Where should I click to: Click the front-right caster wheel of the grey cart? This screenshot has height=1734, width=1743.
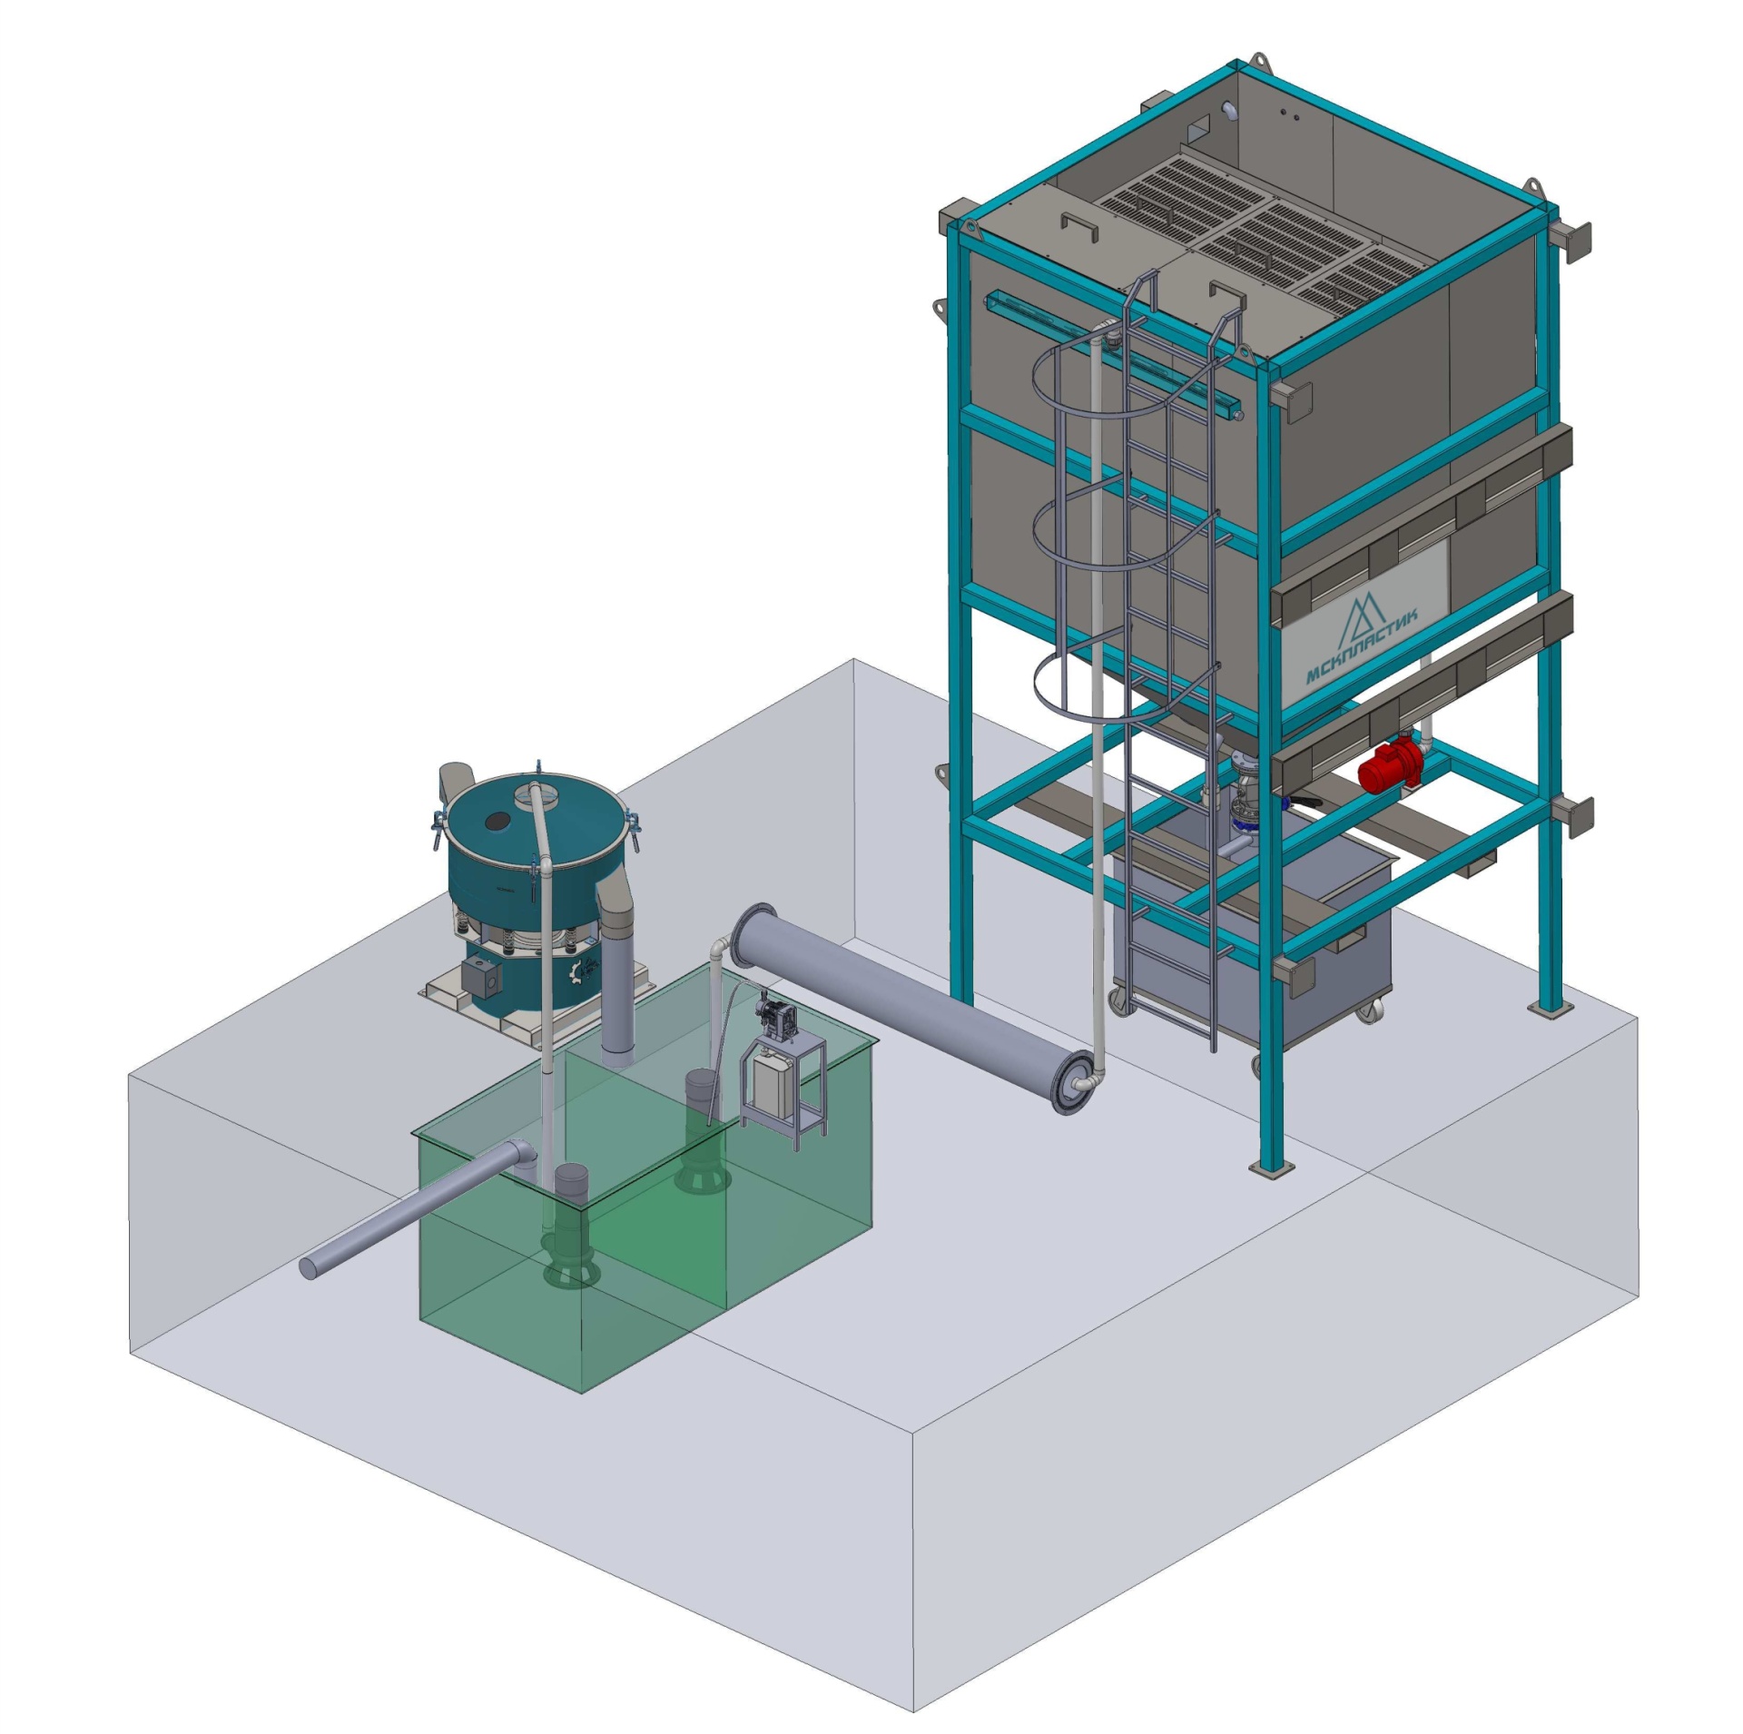coord(1372,1010)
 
